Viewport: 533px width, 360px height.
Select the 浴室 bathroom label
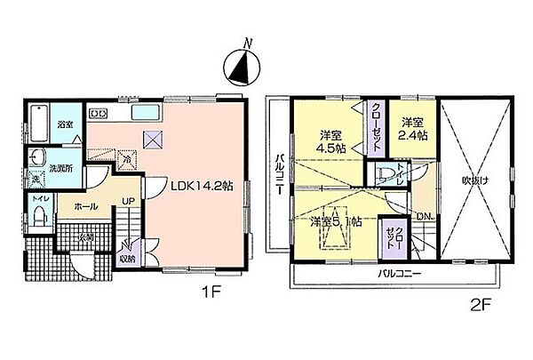point(66,124)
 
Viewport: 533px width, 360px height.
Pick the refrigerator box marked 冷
point(127,161)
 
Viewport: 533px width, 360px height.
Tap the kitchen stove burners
point(99,112)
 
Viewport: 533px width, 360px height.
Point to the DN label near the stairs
point(426,216)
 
